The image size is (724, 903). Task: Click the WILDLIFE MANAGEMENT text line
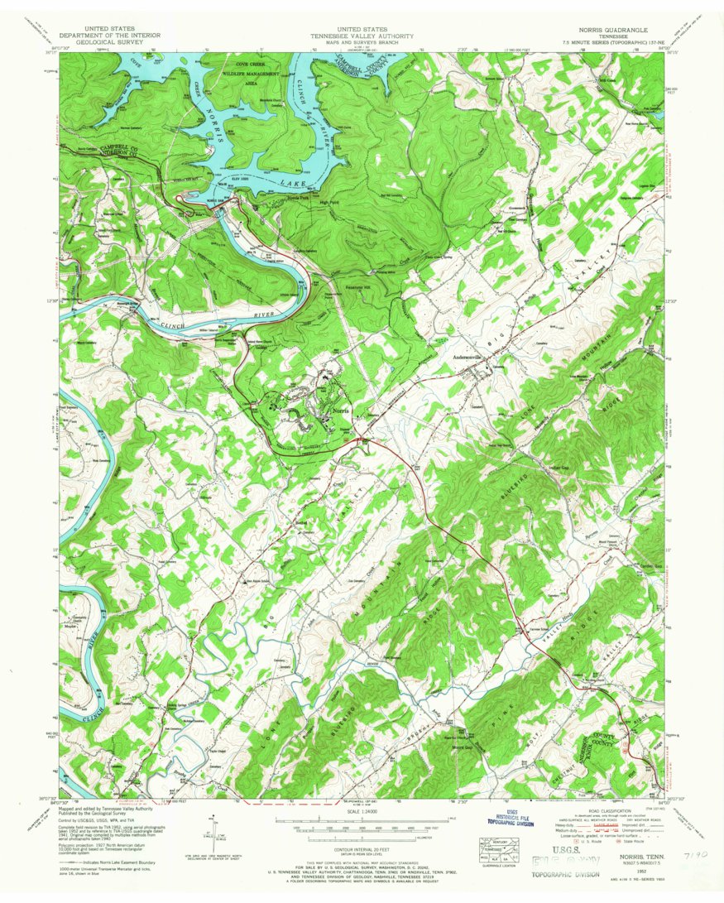point(246,74)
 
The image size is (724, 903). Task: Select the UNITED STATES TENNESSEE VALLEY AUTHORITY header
point(362,31)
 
